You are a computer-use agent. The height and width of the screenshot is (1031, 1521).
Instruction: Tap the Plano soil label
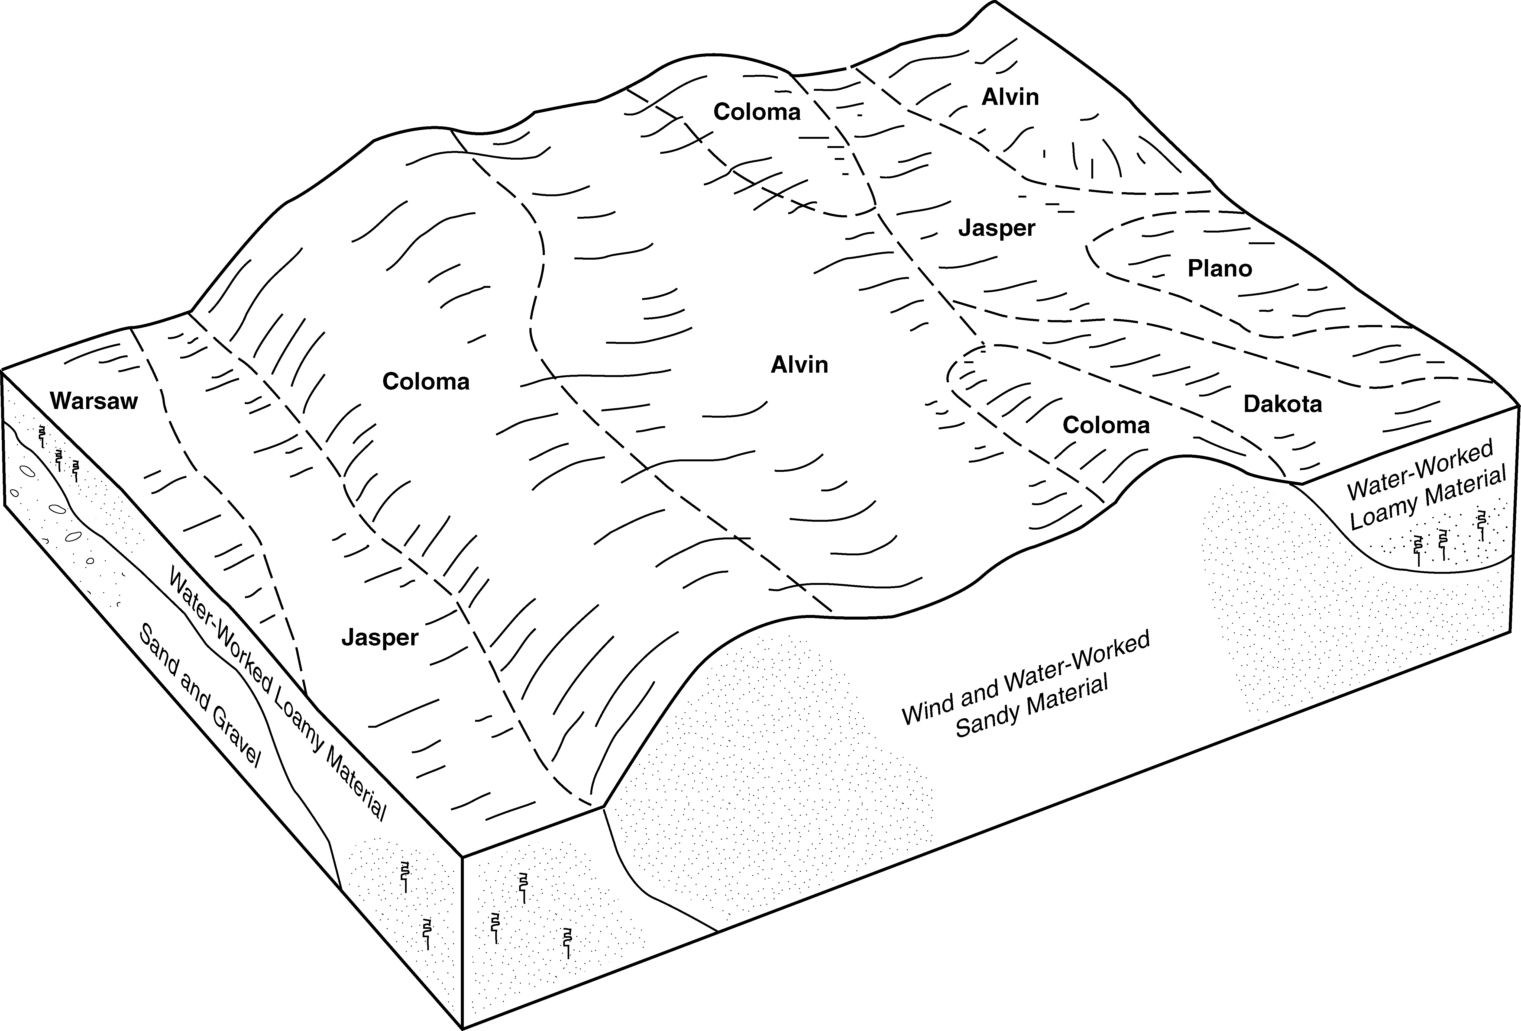[x=1220, y=268]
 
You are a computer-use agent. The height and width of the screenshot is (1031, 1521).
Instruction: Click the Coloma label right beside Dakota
[x=1106, y=426]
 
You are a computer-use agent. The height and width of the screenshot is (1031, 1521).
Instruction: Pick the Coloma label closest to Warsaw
[x=426, y=382]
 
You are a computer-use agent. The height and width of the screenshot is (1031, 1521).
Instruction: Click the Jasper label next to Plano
[x=997, y=228]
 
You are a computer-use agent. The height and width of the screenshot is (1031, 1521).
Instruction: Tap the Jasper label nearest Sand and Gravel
[x=380, y=637]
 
